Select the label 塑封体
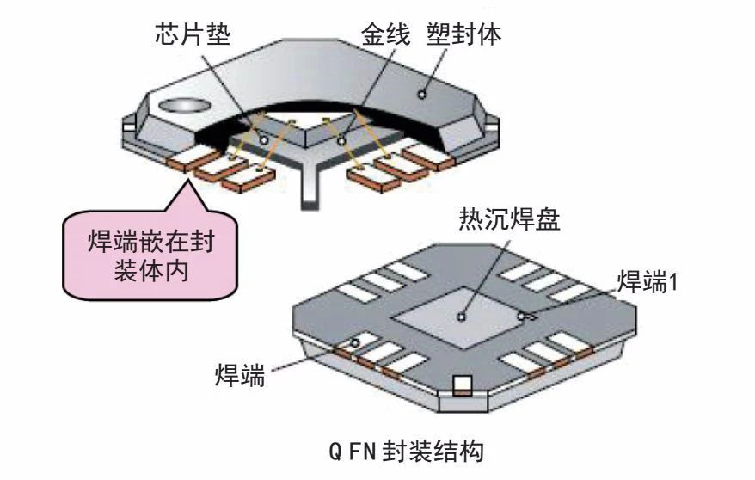pyautogui.click(x=463, y=34)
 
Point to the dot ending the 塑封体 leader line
pyautogui.click(x=421, y=95)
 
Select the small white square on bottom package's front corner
pyautogui.click(x=462, y=384)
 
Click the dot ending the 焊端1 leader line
pyautogui.click(x=521, y=317)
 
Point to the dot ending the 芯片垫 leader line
pyautogui.click(x=263, y=138)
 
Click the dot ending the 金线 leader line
pyautogui.click(x=341, y=138)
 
